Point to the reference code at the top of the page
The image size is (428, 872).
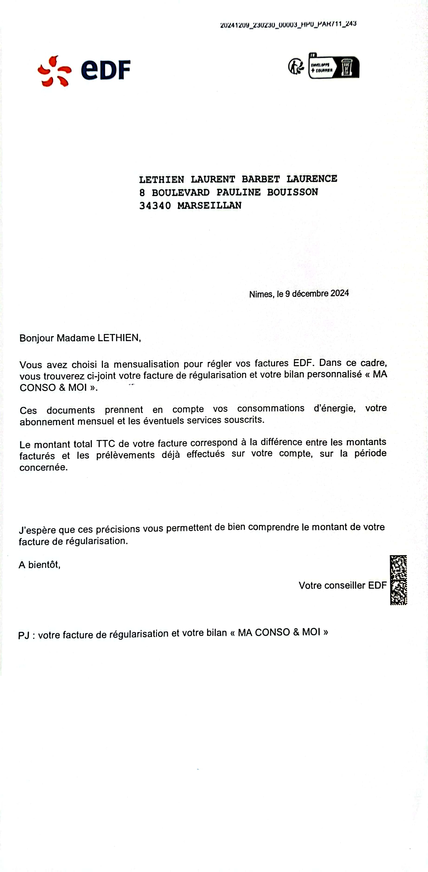point(288,24)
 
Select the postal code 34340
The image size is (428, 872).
point(155,205)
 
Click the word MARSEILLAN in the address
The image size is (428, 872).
point(209,205)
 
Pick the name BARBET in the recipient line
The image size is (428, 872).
point(261,179)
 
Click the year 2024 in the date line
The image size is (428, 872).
point(340,293)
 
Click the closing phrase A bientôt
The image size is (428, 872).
point(39,565)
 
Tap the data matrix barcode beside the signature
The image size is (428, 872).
point(398,580)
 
